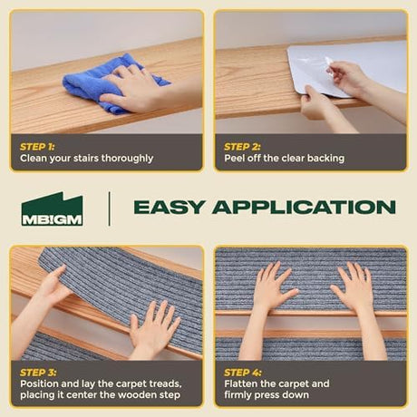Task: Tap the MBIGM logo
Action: click(x=52, y=208)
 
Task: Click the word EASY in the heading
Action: click(x=169, y=208)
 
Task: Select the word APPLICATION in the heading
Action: click(x=304, y=208)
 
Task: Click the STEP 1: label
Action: click(x=37, y=147)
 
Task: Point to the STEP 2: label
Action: click(x=242, y=147)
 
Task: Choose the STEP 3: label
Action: click(x=38, y=373)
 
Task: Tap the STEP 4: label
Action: click(x=243, y=373)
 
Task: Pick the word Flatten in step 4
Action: click(x=240, y=383)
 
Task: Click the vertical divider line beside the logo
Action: click(x=109, y=208)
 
